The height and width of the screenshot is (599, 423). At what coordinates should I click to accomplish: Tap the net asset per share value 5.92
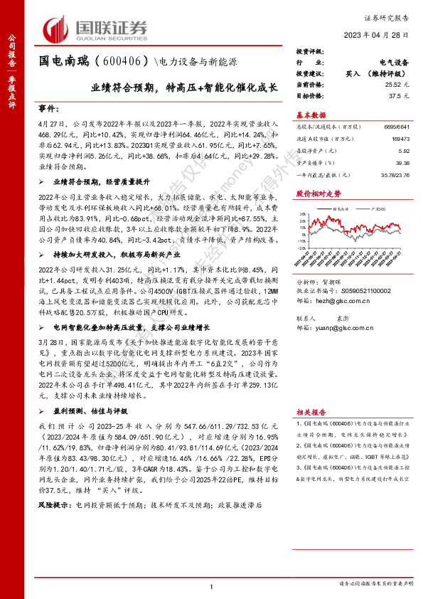(405, 151)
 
